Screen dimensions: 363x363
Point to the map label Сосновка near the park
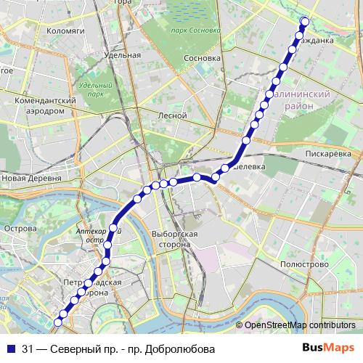click(x=203, y=57)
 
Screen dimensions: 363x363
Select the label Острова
click(x=20, y=229)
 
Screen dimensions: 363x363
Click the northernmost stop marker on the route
click(x=304, y=21)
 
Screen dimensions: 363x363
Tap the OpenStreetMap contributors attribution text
click(x=300, y=325)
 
